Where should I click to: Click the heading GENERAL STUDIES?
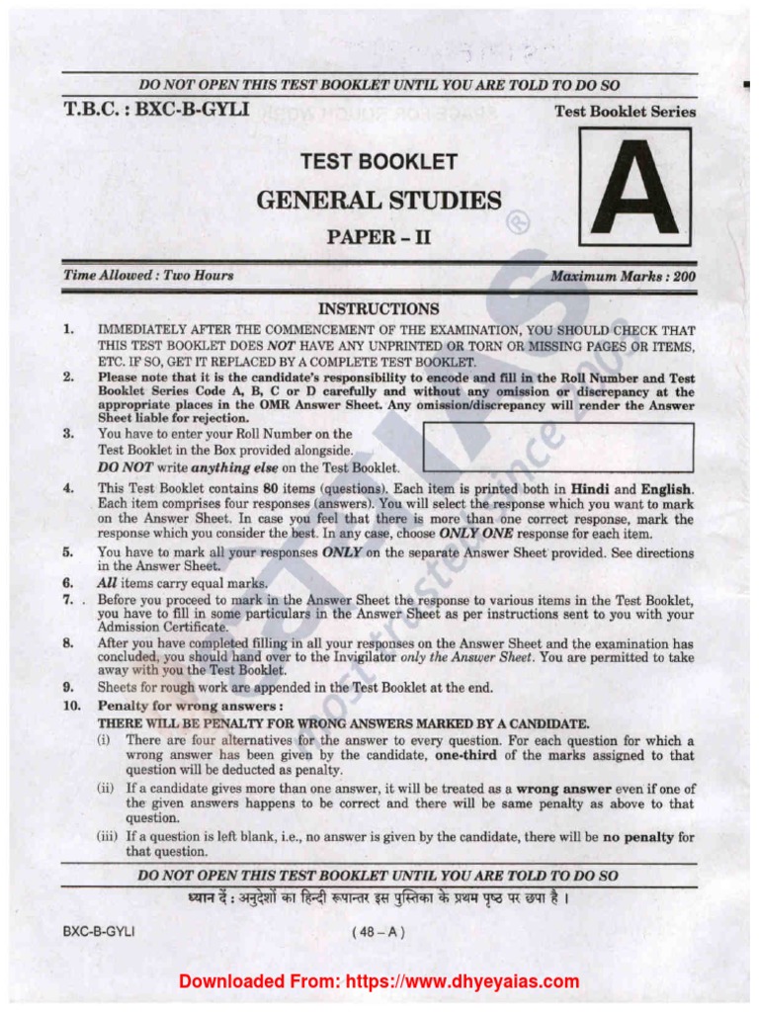coord(379,201)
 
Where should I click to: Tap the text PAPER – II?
coord(379,237)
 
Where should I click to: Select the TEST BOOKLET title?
coord(379,161)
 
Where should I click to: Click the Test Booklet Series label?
coord(625,112)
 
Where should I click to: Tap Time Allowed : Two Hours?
coord(148,276)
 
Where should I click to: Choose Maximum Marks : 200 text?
coord(623,277)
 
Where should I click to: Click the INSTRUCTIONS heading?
coord(379,309)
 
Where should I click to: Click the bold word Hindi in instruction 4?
coord(588,488)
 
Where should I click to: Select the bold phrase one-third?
coord(470,755)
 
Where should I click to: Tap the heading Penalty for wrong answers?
coord(190,707)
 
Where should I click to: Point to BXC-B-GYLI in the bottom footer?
coord(98,931)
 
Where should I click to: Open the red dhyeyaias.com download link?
coord(379,981)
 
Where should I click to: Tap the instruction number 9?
coord(69,687)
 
